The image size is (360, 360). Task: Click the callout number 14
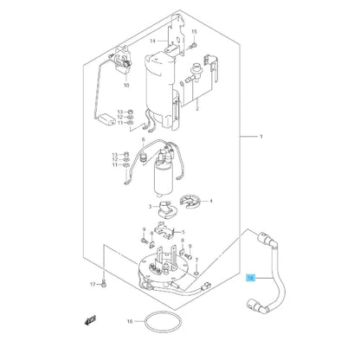151,41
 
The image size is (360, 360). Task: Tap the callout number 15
195,32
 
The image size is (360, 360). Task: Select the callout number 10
126,86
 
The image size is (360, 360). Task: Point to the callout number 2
197,110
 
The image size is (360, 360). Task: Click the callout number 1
261,136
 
